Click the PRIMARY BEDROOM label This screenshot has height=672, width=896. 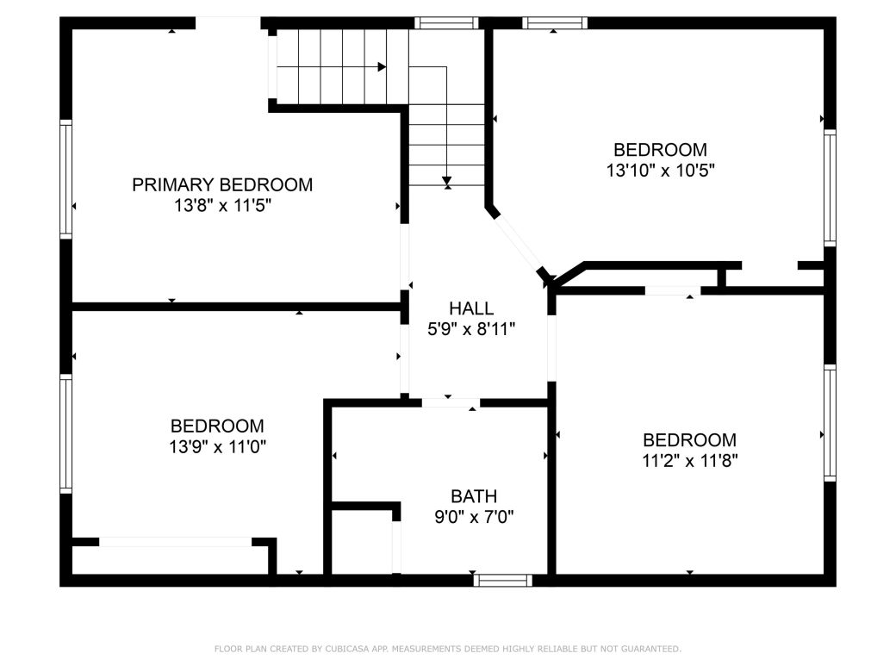(x=222, y=184)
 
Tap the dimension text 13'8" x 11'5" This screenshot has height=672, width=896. (x=222, y=206)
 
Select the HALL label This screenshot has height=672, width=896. (x=471, y=308)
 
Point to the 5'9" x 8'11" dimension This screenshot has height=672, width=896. (x=471, y=328)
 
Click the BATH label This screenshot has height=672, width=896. (x=474, y=496)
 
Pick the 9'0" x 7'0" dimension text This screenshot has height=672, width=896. (x=474, y=517)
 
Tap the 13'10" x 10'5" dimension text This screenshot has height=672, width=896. (x=660, y=171)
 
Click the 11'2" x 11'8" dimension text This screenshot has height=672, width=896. (x=689, y=460)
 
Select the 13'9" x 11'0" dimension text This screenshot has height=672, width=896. (x=216, y=446)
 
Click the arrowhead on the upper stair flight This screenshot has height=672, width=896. (x=381, y=66)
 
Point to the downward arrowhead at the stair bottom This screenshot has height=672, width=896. (x=446, y=181)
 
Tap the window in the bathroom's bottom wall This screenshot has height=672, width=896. (x=504, y=581)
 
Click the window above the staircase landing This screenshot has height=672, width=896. (x=445, y=23)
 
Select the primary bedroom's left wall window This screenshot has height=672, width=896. (x=65, y=179)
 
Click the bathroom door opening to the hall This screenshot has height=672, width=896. (x=450, y=402)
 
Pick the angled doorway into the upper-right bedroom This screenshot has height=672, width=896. (x=519, y=243)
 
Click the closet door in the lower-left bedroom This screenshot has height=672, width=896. (x=176, y=542)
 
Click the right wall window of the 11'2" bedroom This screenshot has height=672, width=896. (x=830, y=422)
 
